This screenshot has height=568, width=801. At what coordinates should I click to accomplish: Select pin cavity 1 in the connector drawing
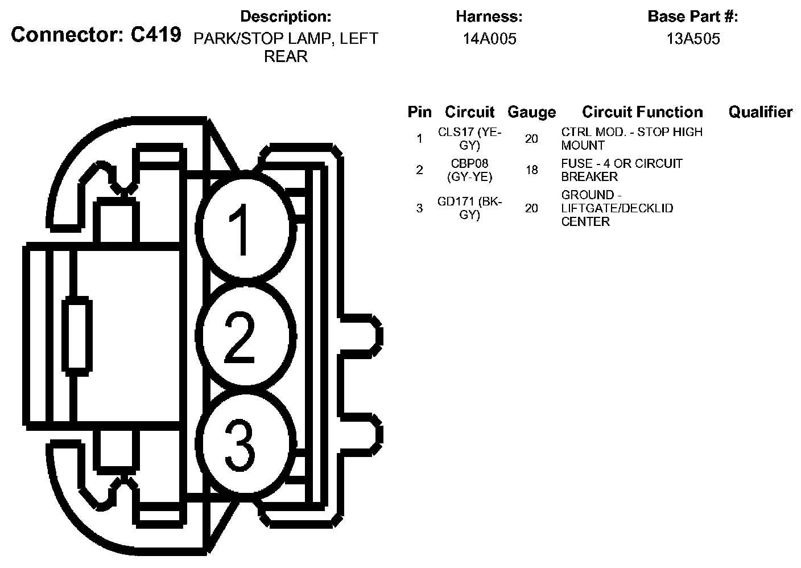[x=246, y=226]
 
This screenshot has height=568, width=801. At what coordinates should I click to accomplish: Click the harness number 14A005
[x=489, y=39]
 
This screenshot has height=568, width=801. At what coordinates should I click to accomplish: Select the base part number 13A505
[x=693, y=39]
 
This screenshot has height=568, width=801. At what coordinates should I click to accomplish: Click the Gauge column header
[x=531, y=112]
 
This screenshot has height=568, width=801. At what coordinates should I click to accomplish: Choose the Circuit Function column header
[x=642, y=112]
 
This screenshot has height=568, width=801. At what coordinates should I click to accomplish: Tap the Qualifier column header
[x=760, y=112]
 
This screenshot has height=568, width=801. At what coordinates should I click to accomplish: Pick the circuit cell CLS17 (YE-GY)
[x=470, y=138]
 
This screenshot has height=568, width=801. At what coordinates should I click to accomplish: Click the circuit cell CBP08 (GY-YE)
[x=470, y=170]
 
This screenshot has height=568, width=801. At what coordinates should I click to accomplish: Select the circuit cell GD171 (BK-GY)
[x=470, y=208]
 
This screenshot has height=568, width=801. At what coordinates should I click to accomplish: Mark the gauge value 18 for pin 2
[x=531, y=170]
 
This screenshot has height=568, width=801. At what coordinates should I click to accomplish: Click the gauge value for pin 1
[x=531, y=138]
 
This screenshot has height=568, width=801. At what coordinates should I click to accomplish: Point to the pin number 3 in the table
[x=419, y=208]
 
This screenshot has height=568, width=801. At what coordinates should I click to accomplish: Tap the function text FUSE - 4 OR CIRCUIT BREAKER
[x=621, y=170]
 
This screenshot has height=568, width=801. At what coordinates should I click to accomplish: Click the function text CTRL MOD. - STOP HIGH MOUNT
[x=631, y=138]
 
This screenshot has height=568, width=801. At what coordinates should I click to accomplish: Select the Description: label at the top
[x=286, y=17]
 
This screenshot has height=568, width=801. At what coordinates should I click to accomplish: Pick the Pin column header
[x=419, y=112]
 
